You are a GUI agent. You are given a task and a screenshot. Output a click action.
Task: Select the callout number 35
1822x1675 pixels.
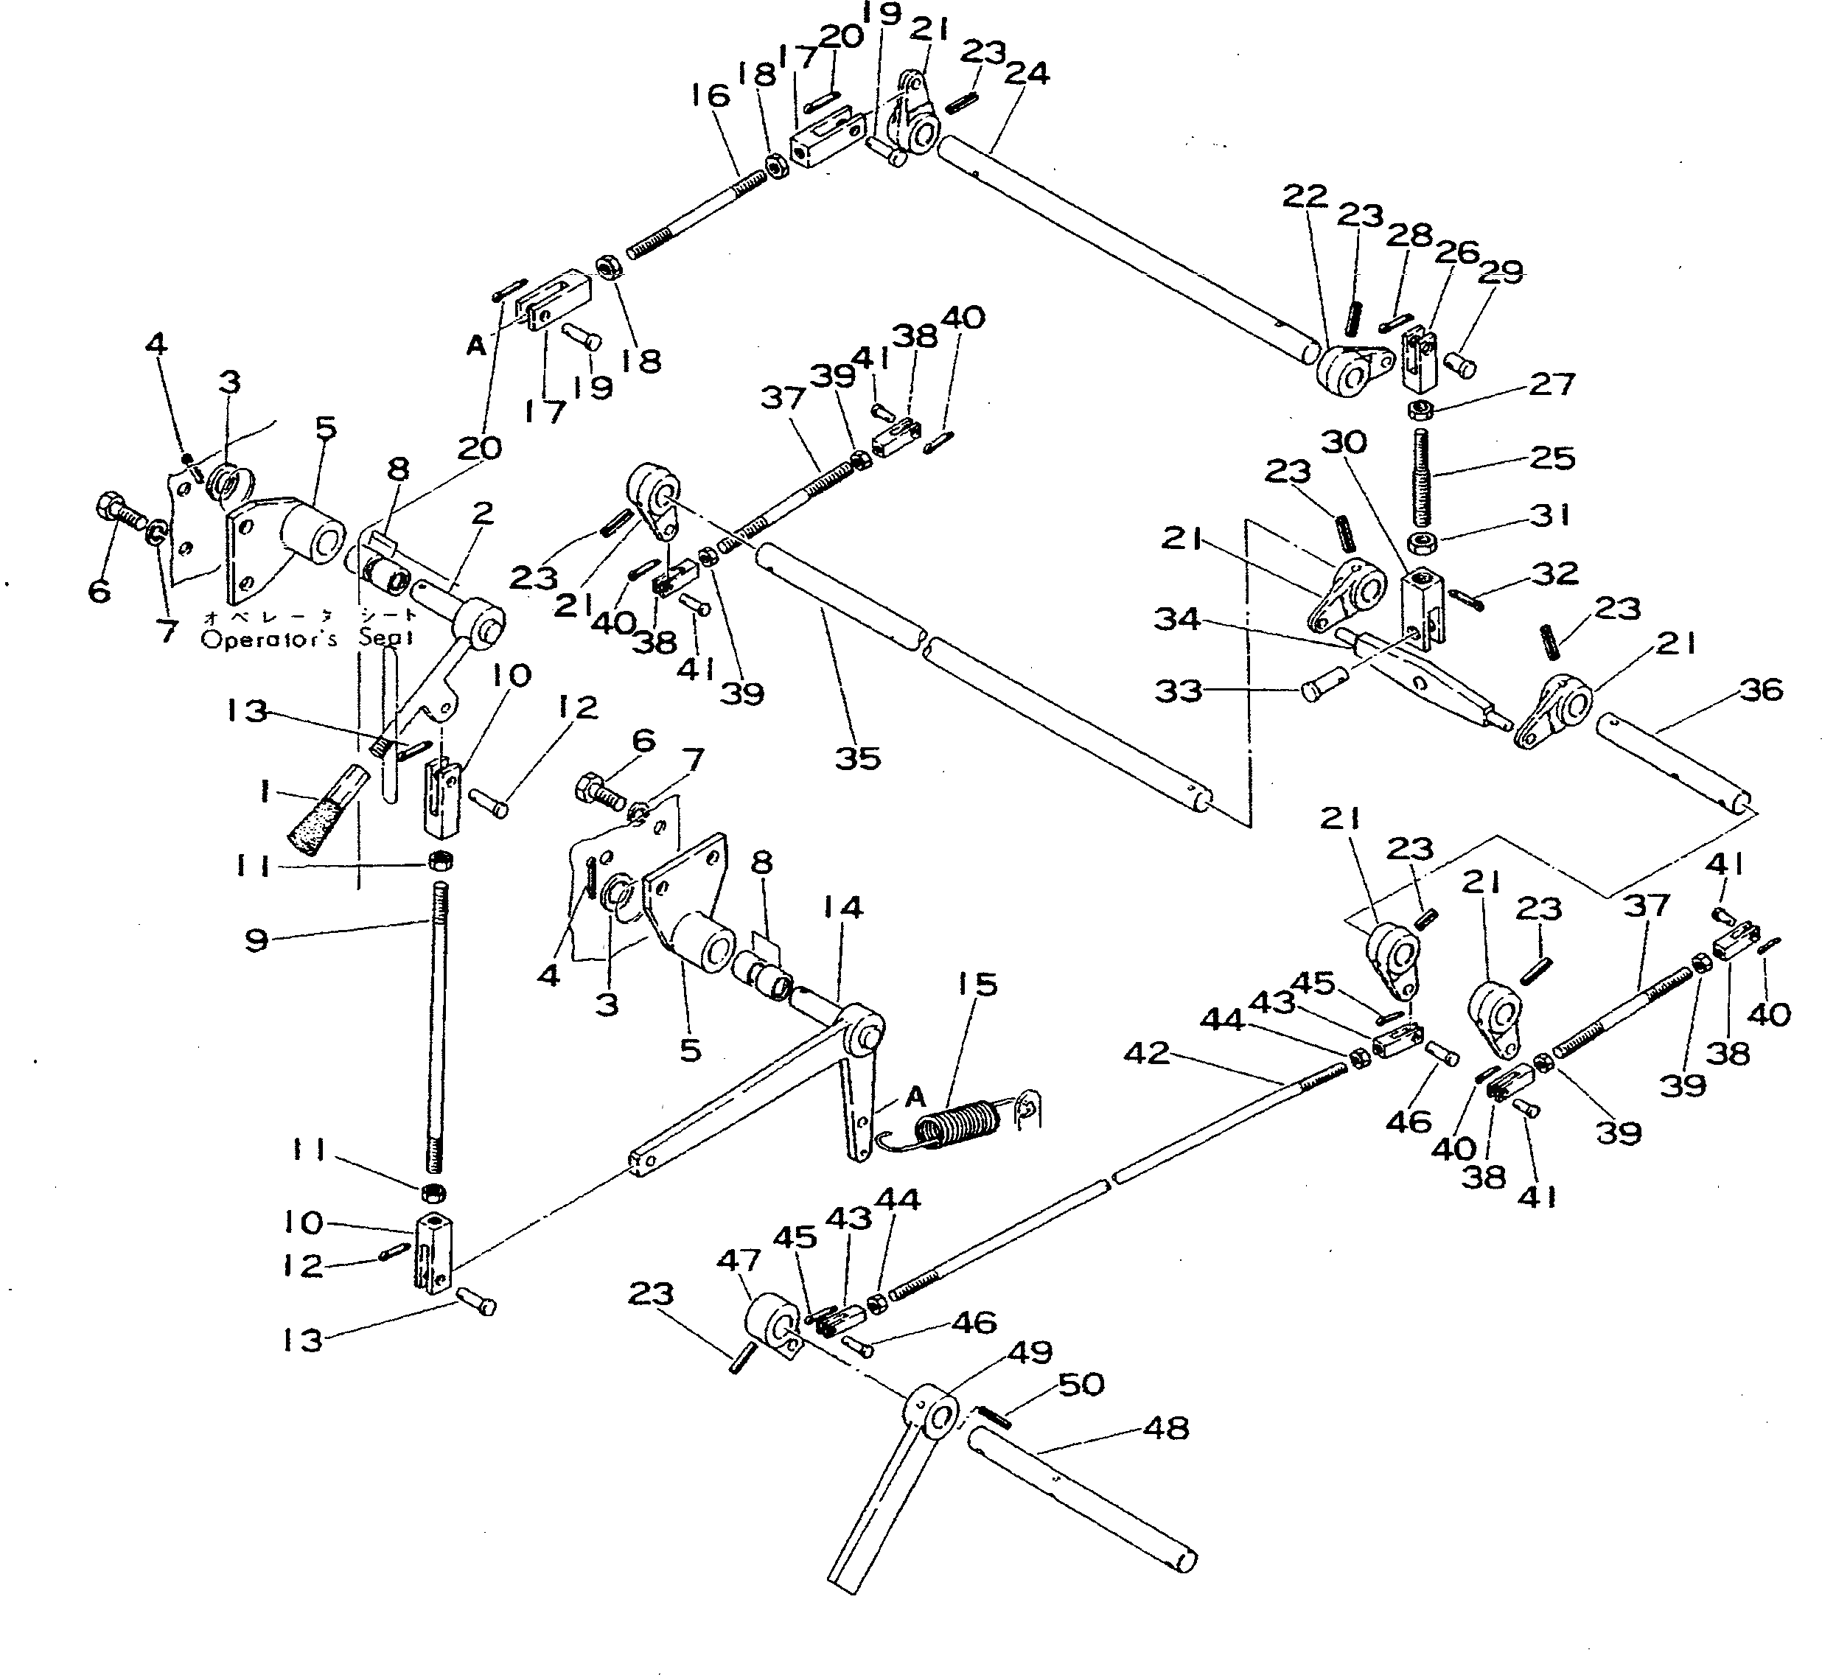857,758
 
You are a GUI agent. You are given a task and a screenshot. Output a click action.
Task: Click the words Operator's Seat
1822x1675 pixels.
308,638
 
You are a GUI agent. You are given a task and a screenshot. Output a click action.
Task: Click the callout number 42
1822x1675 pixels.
1146,1052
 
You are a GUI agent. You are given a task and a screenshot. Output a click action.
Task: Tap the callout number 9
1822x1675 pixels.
256,940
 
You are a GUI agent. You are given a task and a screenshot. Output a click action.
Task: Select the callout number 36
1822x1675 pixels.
1760,690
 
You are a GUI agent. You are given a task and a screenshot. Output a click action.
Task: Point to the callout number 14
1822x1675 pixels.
843,907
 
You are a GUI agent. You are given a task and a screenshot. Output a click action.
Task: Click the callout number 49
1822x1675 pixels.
1030,1352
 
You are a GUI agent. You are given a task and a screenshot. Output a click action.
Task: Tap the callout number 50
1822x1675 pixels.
1081,1384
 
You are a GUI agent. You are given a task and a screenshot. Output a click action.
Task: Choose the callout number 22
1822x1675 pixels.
1305,196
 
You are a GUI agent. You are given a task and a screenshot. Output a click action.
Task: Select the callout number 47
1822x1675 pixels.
740,1261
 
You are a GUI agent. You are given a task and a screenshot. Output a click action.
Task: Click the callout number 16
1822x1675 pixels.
709,94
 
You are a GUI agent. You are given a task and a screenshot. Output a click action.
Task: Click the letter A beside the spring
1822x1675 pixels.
915,1098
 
